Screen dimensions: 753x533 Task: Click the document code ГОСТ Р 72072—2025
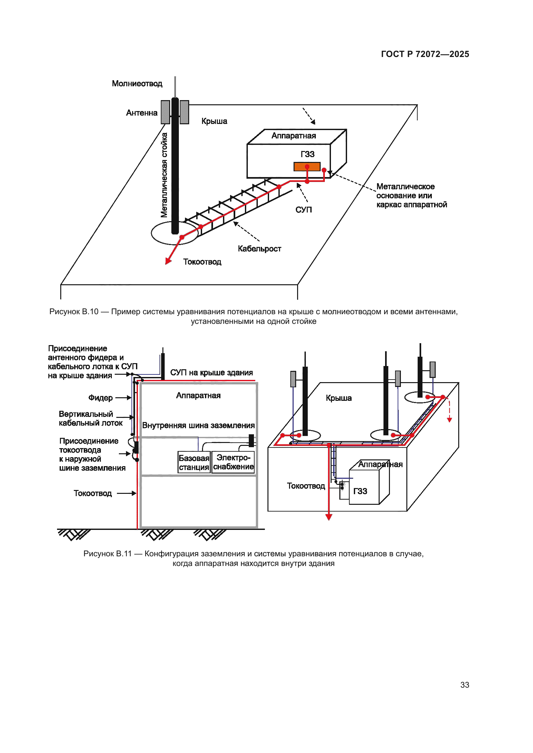(x=425, y=54)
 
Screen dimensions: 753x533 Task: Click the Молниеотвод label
(x=137, y=84)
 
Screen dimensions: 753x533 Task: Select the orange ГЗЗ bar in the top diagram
(x=306, y=167)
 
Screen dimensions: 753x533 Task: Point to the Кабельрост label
(x=259, y=249)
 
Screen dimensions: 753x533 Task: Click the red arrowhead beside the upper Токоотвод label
(x=168, y=261)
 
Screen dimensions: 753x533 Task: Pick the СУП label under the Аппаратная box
(x=304, y=210)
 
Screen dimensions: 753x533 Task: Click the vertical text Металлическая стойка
(x=164, y=175)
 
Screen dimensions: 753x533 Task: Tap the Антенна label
(x=141, y=113)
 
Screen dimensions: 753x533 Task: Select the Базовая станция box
(x=194, y=462)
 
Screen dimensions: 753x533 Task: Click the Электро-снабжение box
(x=233, y=462)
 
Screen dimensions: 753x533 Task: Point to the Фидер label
(x=101, y=398)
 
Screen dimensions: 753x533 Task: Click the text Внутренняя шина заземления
(x=198, y=425)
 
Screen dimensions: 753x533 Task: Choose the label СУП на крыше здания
(x=211, y=372)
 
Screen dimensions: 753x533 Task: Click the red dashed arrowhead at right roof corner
(x=450, y=420)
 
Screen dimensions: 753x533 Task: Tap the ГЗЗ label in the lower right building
(x=360, y=491)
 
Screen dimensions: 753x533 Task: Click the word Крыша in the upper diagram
(x=214, y=121)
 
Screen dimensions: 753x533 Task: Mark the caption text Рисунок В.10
(x=74, y=312)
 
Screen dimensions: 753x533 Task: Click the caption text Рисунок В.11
(x=108, y=554)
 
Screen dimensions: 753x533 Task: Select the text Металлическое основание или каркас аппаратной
(x=411, y=195)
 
